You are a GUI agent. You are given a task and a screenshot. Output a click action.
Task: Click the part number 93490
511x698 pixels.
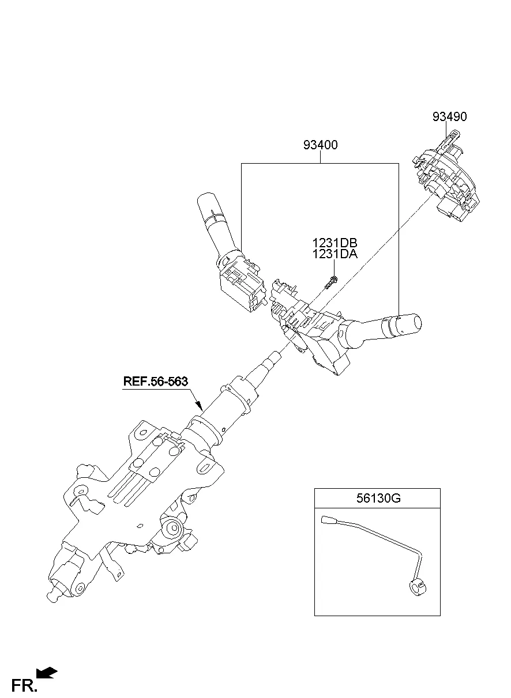click(x=449, y=117)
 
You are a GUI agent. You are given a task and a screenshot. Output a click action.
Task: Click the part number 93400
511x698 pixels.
click(x=320, y=145)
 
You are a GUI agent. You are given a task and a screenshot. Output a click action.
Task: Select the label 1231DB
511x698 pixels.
click(x=335, y=243)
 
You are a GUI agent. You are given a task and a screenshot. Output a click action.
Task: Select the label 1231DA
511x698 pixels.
click(x=335, y=254)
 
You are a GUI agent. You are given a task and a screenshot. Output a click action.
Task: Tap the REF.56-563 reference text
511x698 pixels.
click(x=155, y=381)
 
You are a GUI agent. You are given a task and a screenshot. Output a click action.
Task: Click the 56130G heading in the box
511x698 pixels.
click(x=377, y=499)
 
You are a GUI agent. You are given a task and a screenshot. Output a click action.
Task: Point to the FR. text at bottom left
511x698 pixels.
click(x=25, y=685)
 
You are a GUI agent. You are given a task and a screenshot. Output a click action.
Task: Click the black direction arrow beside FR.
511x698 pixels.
click(x=47, y=673)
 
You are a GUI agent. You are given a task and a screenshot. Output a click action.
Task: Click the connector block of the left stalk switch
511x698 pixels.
click(x=239, y=285)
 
